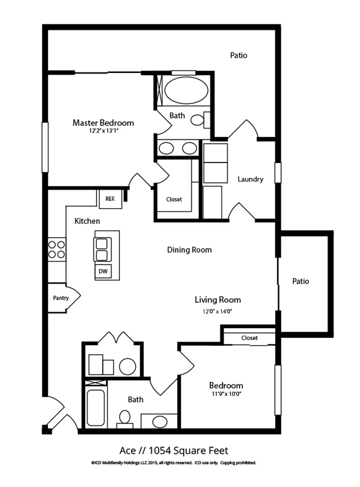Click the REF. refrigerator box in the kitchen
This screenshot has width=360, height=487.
pos(110,199)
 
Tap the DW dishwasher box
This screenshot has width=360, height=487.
pos(103,272)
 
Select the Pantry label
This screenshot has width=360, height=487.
pos(61,298)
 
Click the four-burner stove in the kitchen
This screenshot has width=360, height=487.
pos(57,250)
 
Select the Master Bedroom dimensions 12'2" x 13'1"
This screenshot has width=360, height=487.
pos(103,131)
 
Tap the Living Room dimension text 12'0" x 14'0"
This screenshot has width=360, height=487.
pos(217,312)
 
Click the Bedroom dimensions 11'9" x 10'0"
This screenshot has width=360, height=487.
pos(226,394)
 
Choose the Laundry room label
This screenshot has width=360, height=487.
pos(250,179)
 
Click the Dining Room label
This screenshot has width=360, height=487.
pos(189,250)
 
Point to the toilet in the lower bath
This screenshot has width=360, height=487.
pos(125,418)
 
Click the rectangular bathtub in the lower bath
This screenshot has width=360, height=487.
pos(96,407)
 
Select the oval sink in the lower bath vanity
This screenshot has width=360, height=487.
pos(160,422)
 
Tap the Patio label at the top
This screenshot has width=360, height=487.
pos(239,55)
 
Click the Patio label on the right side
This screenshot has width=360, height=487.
pos(300,281)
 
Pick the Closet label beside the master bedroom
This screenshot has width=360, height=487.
pos(174,199)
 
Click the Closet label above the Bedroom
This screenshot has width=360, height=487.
pos(249,338)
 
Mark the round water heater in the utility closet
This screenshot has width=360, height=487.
pos(127,366)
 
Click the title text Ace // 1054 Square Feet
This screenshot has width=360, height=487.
pos(174,450)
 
